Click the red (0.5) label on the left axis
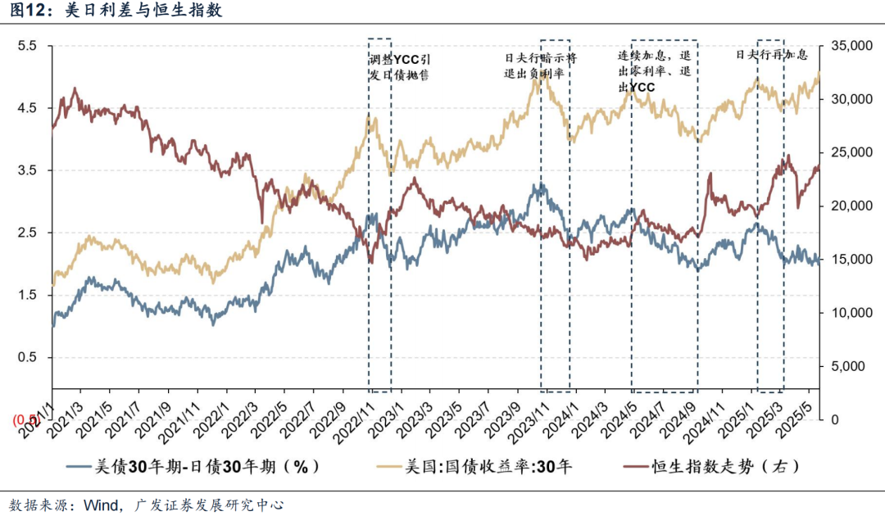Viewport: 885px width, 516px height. (x=25, y=419)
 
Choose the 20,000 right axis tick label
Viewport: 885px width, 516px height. (x=853, y=206)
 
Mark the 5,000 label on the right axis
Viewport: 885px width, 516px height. (x=856, y=366)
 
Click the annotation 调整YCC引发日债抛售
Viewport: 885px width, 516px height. (x=400, y=67)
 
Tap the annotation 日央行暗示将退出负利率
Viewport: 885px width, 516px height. (x=540, y=66)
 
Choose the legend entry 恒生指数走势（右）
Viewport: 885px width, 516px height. (x=724, y=467)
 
